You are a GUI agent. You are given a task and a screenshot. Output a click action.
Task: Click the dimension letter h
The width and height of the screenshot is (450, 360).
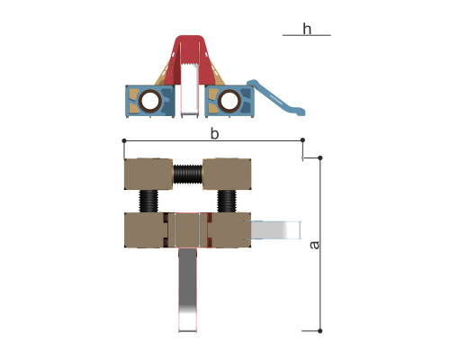(307, 29)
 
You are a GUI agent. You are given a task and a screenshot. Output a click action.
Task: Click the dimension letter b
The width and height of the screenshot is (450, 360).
(214, 133)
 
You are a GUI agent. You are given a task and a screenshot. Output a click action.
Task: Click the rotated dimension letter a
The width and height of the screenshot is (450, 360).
(314, 245)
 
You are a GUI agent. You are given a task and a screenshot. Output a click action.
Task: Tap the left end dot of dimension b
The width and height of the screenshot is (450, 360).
(124, 140)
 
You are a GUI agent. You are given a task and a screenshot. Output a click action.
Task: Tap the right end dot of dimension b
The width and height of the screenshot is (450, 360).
(302, 140)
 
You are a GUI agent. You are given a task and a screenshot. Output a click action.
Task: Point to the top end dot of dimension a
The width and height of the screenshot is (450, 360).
(320, 157)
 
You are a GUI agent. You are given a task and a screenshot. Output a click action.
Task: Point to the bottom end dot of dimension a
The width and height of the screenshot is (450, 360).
(320, 331)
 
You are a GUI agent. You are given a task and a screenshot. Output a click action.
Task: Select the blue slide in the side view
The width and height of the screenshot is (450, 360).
(276, 97)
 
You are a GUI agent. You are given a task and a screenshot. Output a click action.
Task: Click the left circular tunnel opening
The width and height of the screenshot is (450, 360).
(150, 101)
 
